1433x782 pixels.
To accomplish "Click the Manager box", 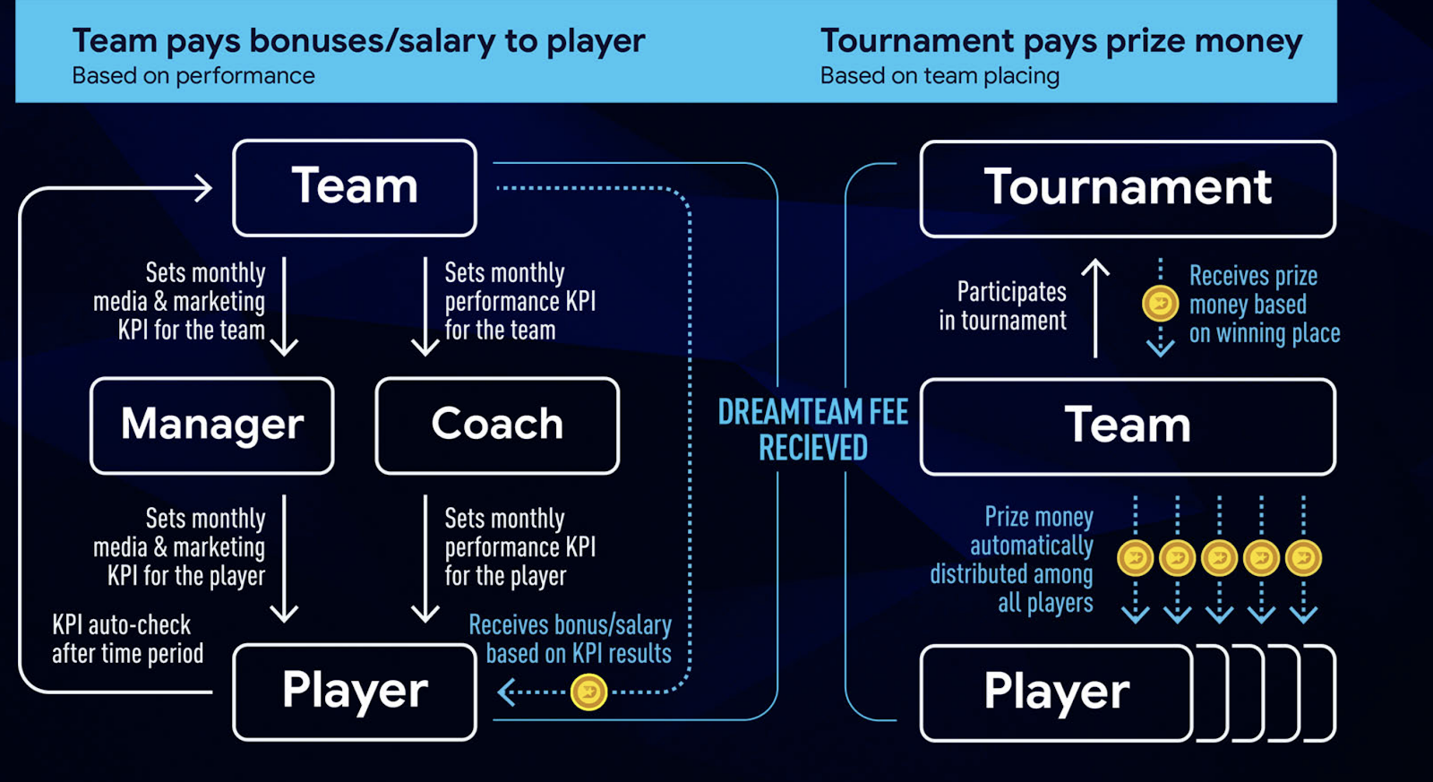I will coord(212,425).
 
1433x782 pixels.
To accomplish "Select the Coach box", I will coord(497,425).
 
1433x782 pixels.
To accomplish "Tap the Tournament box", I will coord(1128,189).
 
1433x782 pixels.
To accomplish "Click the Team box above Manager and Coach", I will coord(355,188).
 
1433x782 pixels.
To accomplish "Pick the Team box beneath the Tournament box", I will coord(1128,426).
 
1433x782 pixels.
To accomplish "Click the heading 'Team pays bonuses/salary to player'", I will coord(358,41).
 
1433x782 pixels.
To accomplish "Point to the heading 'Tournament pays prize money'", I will coord(1061,41).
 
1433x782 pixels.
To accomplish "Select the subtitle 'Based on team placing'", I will coord(940,76).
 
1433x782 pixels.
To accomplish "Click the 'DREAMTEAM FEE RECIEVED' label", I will coord(813,430).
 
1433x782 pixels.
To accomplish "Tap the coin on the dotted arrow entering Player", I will coord(589,692).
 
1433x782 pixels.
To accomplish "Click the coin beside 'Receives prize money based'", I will coord(1160,304).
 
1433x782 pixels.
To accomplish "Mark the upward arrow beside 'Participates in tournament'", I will coord(1095,307).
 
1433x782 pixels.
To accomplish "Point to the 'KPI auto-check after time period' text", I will coord(127,639).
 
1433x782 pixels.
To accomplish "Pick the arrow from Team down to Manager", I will coord(285,306).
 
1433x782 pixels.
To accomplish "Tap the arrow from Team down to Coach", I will coord(425,306).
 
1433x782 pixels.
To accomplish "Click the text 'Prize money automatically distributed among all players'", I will coord(1012,560).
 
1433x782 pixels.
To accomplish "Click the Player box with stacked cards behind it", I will coord(1057,692).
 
